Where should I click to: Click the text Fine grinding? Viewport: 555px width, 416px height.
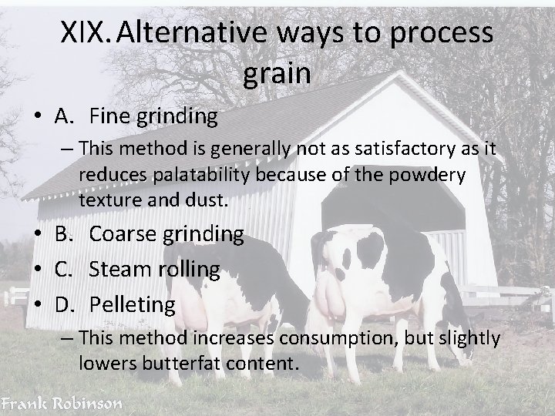point(153,116)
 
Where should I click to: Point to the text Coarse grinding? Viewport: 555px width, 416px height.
point(166,233)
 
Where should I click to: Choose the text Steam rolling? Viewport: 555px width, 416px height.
point(154,269)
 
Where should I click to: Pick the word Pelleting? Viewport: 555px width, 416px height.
point(132,304)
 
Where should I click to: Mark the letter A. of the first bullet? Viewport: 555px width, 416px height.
point(62,116)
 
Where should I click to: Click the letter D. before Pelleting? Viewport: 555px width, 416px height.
point(63,304)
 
